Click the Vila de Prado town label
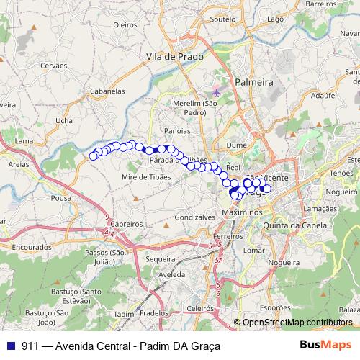[174, 55]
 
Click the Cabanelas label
[108, 91]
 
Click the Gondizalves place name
[195, 216]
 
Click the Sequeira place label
[161, 258]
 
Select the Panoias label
[177, 131]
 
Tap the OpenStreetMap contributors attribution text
[297, 323]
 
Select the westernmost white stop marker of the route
[93, 156]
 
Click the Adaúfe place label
[324, 94]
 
